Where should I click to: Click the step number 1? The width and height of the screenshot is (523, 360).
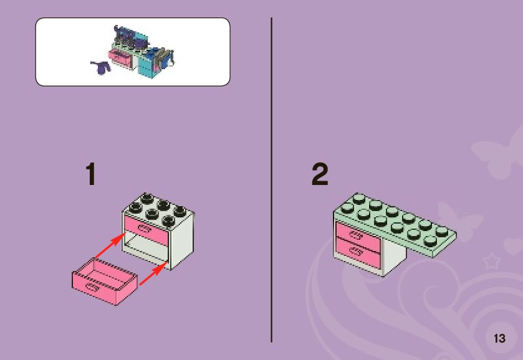point(91,174)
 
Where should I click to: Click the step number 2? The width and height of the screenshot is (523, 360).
point(320,174)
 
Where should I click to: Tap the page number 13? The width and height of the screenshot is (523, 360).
point(499,339)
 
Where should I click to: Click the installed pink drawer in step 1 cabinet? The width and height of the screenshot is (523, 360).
point(147,230)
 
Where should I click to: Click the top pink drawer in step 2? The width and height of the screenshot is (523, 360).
point(358,235)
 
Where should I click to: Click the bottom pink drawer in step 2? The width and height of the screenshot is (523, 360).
point(358,252)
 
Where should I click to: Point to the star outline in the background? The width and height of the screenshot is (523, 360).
point(491,260)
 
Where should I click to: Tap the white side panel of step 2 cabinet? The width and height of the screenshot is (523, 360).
point(393,260)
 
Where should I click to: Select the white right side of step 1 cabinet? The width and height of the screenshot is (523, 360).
point(181,243)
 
